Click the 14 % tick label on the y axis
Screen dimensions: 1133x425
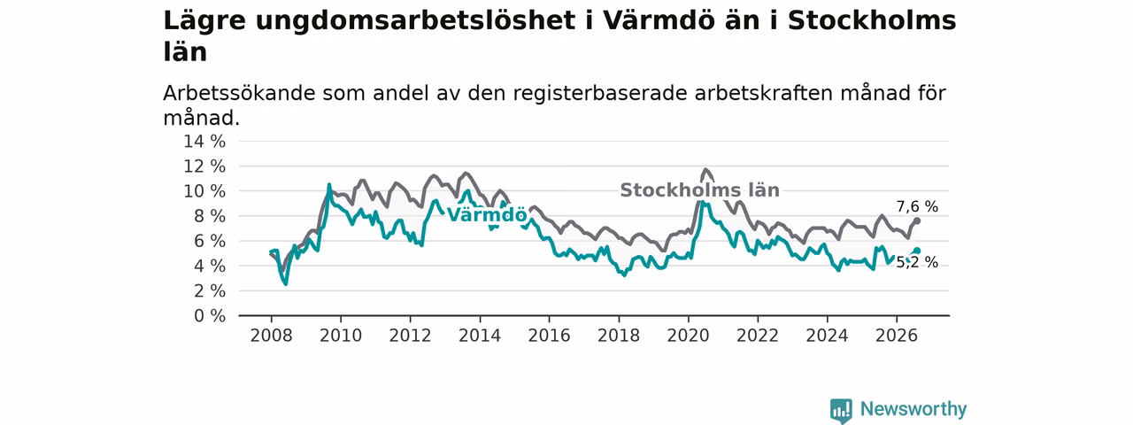pos(204,142)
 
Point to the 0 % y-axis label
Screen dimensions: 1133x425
pos(210,316)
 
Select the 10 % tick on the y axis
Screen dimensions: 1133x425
pos(204,191)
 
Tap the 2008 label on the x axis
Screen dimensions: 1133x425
pos(271,336)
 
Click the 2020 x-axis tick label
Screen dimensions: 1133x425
pos(688,336)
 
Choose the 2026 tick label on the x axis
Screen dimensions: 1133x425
pos(897,336)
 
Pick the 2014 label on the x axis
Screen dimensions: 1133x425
pos(480,336)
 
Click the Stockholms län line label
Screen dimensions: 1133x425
pos(699,190)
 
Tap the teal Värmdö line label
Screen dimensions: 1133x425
pos(487,215)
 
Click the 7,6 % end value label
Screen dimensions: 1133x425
pos(917,207)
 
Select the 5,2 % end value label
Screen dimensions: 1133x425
pos(917,263)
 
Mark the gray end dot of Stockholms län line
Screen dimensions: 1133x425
pos(917,221)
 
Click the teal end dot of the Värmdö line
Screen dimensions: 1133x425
pos(917,251)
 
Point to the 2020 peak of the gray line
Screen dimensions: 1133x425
pos(705,170)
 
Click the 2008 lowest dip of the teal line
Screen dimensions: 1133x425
pos(286,284)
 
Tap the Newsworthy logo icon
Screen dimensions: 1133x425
pos(841,410)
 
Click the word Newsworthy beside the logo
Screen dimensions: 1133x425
pos(913,409)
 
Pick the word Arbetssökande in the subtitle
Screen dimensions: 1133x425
pos(239,94)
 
